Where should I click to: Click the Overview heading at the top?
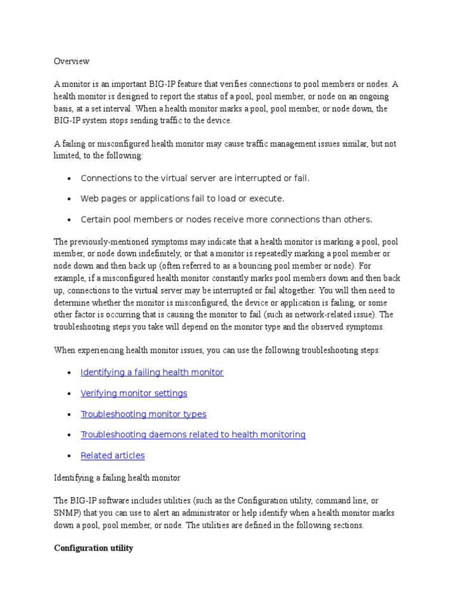coord(72,61)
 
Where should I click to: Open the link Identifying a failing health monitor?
coord(151,372)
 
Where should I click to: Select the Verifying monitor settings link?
coord(134,393)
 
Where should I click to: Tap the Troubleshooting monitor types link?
coord(143,414)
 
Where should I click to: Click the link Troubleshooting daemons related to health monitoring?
coord(193,435)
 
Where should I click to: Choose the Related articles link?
coord(112,456)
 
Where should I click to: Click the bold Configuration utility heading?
coord(94,548)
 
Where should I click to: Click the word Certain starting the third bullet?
coord(97,219)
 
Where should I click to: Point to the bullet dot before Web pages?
coord(70,199)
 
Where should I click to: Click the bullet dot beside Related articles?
coord(70,456)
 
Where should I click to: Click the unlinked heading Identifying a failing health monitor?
coord(117,478)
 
